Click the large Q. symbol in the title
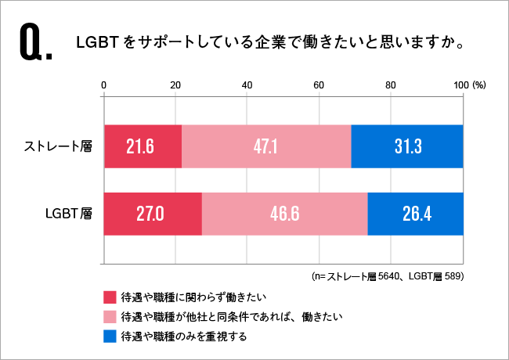[34, 45]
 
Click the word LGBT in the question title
[96, 44]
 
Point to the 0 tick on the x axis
[104, 85]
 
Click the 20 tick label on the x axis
[175, 85]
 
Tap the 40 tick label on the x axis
[247, 85]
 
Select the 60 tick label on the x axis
[319, 85]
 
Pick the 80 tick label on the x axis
[391, 85]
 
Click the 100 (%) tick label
[470, 85]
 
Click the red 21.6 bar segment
[143, 146]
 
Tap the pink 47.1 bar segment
[266, 146]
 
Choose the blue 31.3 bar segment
[407, 146]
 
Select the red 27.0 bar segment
[153, 213]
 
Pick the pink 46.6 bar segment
[284, 213]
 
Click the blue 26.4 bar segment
[415, 213]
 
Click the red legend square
[110, 298]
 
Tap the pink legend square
[110, 318]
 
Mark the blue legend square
[110, 337]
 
